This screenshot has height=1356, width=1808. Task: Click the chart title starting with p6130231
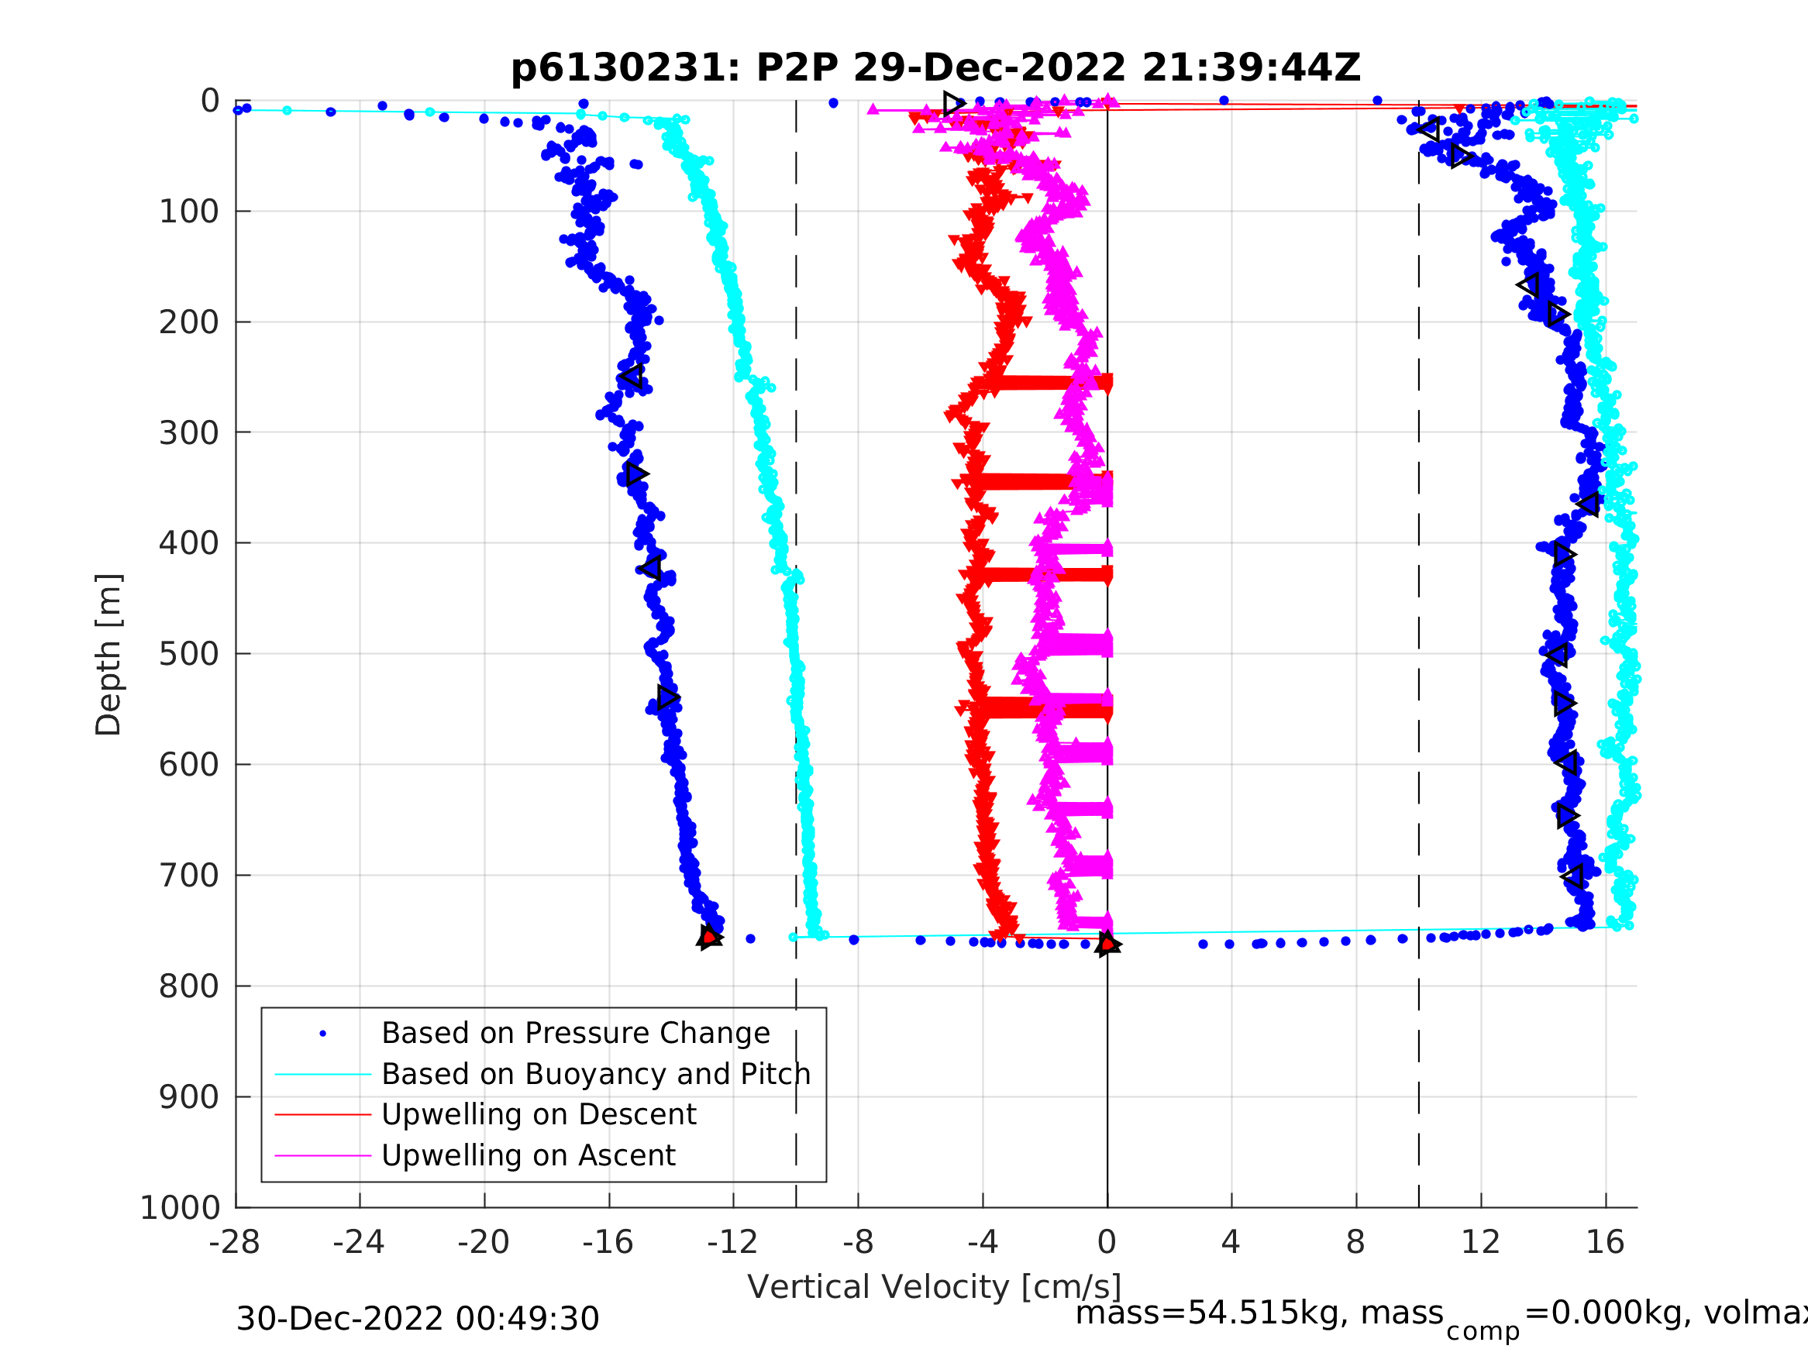(935, 68)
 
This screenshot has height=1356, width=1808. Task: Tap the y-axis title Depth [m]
(108, 655)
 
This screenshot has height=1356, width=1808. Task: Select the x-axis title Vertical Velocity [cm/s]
(935, 1286)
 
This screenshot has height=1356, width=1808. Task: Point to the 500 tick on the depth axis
(188, 655)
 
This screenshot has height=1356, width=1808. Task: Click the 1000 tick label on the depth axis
(180, 1208)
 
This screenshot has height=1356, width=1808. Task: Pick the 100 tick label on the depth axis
(188, 212)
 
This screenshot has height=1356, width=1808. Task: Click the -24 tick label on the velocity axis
(359, 1242)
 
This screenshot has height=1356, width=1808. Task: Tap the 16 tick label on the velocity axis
(1604, 1242)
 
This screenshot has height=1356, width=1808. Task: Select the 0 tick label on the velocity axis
(1107, 1242)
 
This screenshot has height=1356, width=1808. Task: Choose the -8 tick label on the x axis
(857, 1242)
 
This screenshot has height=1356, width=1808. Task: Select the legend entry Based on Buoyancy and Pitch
(596, 1074)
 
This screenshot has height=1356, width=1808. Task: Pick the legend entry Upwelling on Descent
(539, 1114)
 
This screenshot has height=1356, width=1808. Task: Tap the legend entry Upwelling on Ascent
(528, 1155)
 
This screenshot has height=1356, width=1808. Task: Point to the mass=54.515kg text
(1259, 1313)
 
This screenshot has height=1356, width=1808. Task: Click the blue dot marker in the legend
(323, 1034)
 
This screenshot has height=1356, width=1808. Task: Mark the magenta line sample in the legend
(323, 1156)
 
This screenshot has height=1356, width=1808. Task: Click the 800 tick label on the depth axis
(188, 986)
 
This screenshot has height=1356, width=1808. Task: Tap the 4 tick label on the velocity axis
(1231, 1242)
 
